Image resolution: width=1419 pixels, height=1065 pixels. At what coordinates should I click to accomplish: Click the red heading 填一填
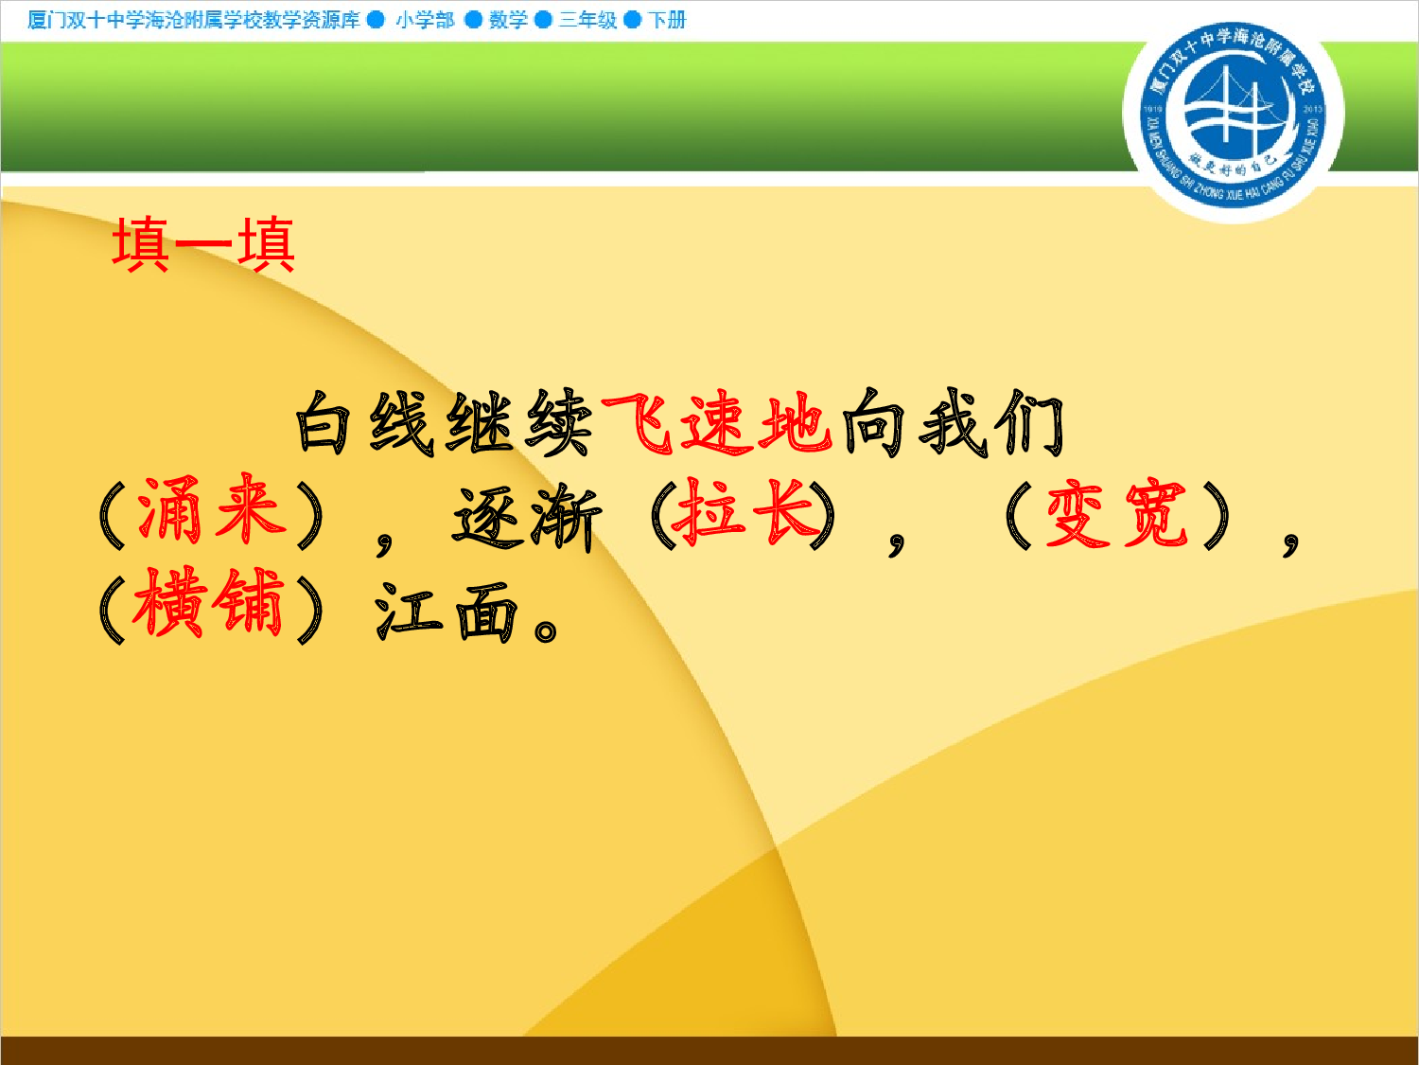203,244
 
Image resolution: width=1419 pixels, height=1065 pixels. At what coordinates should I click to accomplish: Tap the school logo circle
1232,115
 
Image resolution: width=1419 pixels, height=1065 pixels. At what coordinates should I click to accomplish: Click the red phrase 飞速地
717,422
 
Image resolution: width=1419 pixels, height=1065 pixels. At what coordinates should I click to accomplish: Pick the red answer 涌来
211,512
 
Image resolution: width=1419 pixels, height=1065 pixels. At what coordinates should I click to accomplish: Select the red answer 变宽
1116,514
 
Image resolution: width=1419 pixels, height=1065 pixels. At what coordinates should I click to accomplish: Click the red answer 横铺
209,603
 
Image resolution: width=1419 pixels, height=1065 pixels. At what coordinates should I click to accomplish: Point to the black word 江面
447,610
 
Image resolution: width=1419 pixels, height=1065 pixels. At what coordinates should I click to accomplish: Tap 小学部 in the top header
425,20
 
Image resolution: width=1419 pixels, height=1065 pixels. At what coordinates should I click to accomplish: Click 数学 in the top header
508,20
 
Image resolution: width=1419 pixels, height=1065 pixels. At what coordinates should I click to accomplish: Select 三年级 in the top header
587,20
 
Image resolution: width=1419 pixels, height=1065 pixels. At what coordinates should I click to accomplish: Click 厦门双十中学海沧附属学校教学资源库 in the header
194,20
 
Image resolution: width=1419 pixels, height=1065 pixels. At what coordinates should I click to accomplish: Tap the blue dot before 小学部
376,20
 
